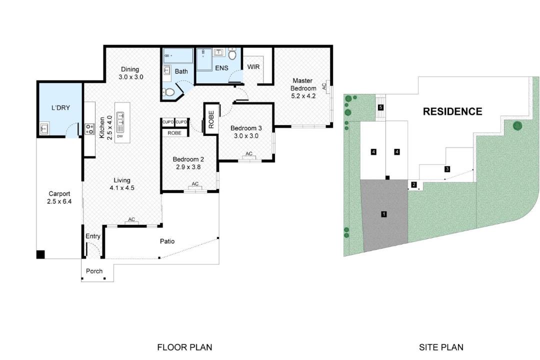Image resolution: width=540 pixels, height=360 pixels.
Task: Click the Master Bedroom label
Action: (303, 84)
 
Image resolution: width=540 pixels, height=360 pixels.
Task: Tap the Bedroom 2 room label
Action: (188, 159)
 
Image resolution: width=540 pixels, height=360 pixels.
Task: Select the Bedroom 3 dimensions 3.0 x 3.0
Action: (246, 135)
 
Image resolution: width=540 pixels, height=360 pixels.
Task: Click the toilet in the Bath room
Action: (169, 92)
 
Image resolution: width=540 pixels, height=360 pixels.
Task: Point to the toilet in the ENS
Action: (232, 53)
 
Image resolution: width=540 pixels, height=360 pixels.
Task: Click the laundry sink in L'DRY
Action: (44, 128)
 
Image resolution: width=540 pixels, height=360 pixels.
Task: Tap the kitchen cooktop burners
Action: (89, 129)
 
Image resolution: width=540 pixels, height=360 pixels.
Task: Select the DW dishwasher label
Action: (120, 136)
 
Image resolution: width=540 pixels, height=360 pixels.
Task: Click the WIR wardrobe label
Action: (253, 67)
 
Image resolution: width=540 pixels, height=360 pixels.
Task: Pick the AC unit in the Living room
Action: (131, 222)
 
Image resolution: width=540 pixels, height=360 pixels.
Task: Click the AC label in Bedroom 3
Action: (248, 153)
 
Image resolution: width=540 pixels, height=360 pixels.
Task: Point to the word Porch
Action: (94, 271)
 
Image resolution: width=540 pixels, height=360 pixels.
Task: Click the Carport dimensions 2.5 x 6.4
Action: (59, 201)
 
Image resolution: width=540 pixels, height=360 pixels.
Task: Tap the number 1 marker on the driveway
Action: (383, 214)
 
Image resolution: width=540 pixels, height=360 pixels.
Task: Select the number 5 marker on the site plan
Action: (380, 107)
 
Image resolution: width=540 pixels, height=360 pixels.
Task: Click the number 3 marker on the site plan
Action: (447, 169)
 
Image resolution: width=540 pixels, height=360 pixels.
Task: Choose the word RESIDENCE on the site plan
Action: (452, 111)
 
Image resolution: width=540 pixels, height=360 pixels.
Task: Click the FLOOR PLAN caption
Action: (184, 347)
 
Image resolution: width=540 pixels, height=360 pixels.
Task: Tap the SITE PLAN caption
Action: (441, 347)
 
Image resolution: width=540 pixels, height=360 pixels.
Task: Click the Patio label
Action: (167, 241)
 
